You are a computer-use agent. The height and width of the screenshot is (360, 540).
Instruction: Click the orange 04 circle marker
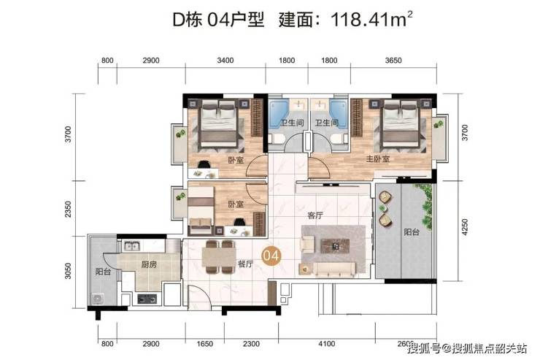(271, 256)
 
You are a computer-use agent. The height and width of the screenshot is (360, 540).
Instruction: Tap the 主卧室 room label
(378, 158)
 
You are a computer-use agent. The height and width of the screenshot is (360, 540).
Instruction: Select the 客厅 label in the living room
(315, 215)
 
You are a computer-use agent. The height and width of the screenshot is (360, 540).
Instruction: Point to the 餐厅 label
(245, 264)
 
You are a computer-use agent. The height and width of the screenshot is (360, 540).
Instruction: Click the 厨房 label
(149, 264)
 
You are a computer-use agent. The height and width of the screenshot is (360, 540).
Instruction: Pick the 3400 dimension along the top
(225, 61)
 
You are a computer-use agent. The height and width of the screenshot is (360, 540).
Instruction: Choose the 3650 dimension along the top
(393, 61)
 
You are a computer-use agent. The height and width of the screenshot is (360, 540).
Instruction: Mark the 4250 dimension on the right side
(465, 227)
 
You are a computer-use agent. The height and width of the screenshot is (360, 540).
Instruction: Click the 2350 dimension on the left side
(68, 209)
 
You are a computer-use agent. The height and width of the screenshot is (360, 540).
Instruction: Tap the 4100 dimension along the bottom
(326, 344)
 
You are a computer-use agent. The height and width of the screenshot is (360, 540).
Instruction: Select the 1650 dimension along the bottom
(204, 344)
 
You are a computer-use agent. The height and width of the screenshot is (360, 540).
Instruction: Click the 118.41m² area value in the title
(371, 19)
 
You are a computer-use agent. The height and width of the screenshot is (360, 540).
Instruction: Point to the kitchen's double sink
(132, 246)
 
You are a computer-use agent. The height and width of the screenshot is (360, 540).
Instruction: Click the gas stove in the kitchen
(147, 299)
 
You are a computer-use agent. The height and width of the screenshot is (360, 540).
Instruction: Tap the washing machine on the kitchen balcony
(98, 299)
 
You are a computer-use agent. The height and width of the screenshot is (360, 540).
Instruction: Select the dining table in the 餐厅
(218, 256)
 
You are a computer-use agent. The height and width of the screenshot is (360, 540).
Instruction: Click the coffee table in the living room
(335, 245)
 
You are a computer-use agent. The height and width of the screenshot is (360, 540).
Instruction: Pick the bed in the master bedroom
(402, 125)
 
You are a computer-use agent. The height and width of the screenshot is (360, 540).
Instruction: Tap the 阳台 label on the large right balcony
(412, 232)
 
